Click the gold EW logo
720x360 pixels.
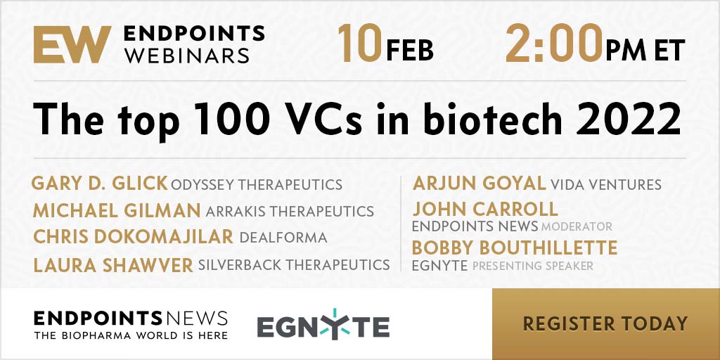tap(72, 44)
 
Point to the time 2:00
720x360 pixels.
tap(554, 44)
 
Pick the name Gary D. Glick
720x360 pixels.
tap(99, 184)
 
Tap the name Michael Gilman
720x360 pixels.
tap(117, 211)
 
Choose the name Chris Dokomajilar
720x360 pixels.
tap(133, 237)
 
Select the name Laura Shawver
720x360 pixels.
tap(113, 265)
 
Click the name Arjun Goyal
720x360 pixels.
tap(479, 184)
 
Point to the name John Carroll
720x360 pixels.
tap(485, 209)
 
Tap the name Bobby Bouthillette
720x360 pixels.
tap(514, 248)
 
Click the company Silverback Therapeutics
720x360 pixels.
tap(294, 264)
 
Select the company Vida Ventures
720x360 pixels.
tap(605, 185)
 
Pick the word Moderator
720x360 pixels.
tap(577, 226)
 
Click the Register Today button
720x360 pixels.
tap(605, 323)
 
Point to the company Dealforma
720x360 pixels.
tap(283, 238)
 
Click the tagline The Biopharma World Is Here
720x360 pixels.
tap(131, 335)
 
